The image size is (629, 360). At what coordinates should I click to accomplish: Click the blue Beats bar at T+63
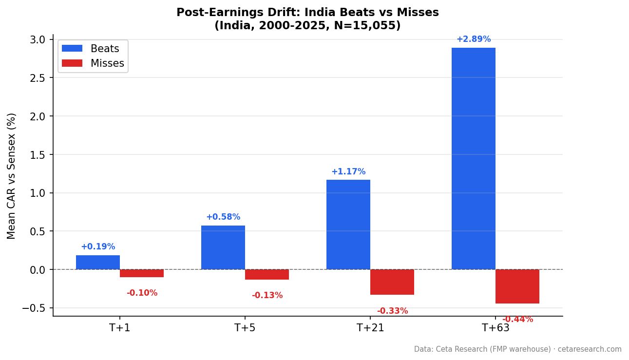473,158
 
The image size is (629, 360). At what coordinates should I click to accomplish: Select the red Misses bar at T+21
392,282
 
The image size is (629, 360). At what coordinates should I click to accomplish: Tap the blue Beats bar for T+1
98,262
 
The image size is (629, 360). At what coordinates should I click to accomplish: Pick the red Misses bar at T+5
267,274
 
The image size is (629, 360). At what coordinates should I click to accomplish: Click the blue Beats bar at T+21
348,225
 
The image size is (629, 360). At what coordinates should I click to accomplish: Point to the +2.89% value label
473,39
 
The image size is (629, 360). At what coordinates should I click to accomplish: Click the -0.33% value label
392,311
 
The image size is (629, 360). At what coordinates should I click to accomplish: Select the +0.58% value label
223,217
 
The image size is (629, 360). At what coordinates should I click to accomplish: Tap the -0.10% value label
142,293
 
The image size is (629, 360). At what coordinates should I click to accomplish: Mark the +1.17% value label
348,172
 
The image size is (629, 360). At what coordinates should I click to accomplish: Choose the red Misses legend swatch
72,63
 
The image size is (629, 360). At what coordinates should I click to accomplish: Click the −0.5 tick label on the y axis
34,308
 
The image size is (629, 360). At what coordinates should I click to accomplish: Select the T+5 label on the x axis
245,328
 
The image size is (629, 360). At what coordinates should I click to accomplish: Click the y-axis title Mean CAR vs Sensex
12,176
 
